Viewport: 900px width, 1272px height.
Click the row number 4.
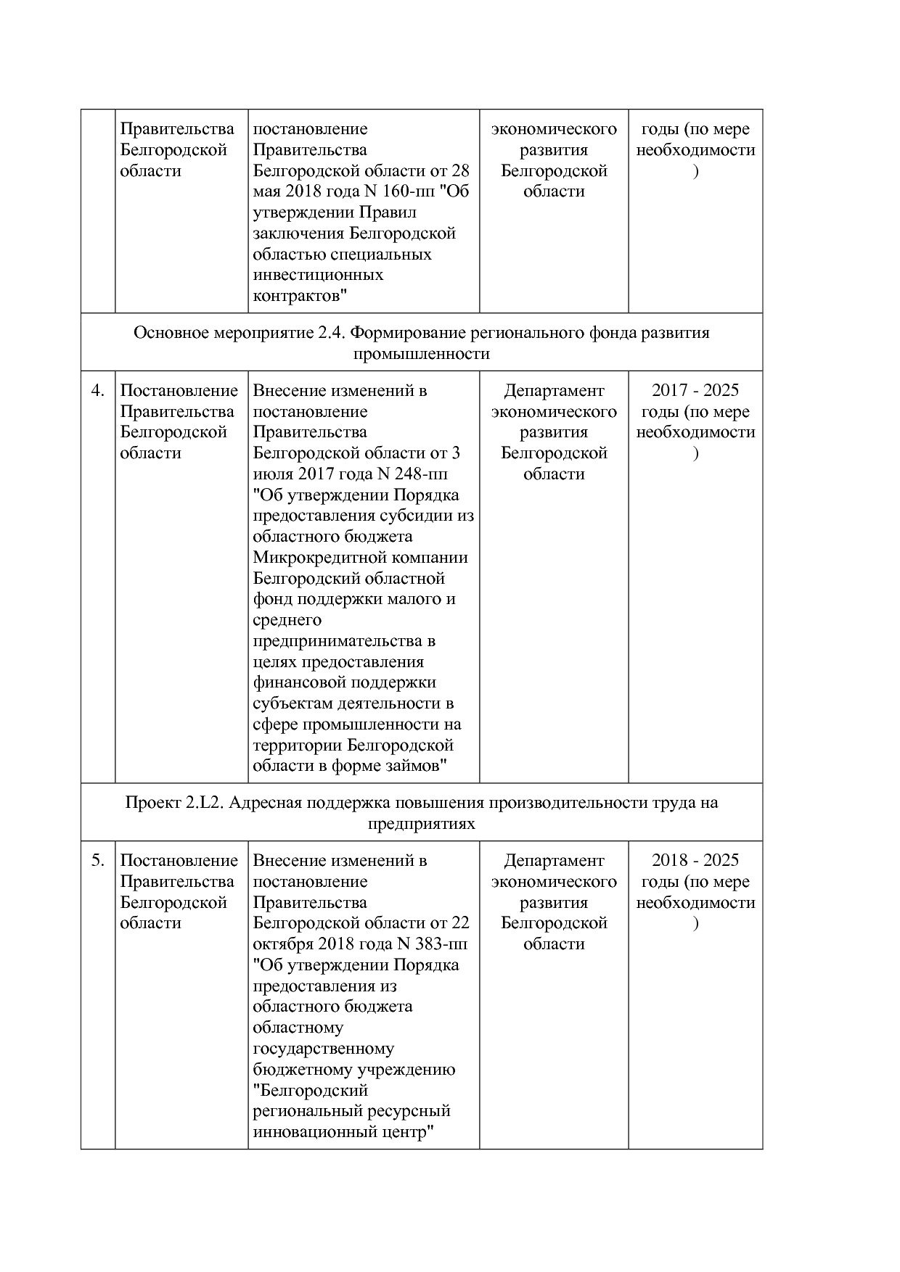[x=97, y=391]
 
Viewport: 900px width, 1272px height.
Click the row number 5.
[x=97, y=861]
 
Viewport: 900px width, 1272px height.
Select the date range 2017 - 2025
[x=695, y=391]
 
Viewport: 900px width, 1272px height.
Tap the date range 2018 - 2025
[x=695, y=861]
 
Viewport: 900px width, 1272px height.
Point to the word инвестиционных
[x=318, y=276]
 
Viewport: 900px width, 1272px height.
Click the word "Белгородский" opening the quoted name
[x=310, y=1091]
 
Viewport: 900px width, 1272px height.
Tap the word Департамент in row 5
[x=554, y=861]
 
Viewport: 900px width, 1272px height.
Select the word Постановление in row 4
[x=179, y=391]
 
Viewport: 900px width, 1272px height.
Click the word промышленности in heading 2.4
[x=421, y=354]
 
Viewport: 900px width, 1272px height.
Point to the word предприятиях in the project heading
[x=421, y=824]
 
